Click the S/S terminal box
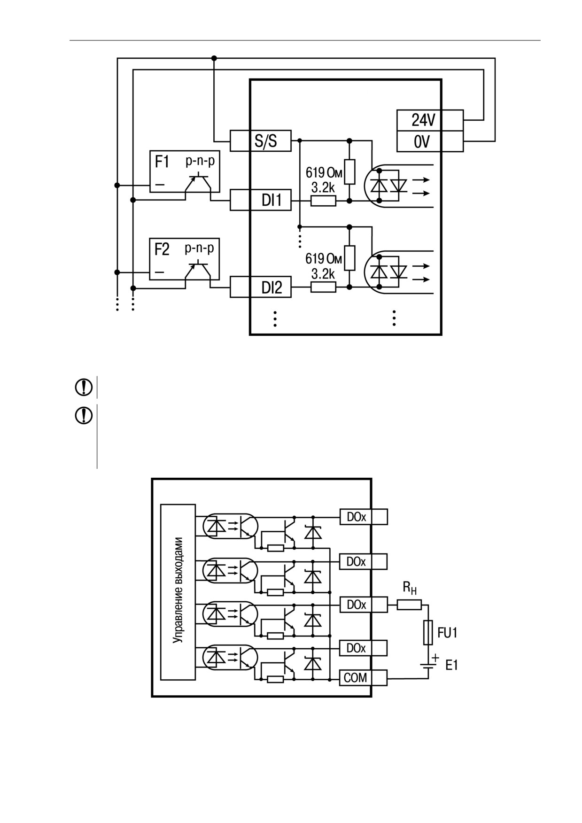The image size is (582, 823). click(x=260, y=140)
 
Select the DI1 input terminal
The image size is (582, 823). click(x=260, y=200)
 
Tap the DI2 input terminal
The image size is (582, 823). click(x=260, y=287)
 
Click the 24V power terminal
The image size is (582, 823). click(x=430, y=120)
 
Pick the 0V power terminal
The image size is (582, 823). click(x=430, y=141)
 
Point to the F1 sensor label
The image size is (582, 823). click(x=162, y=163)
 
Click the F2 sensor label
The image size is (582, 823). click(x=162, y=249)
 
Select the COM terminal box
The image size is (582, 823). click(x=363, y=678)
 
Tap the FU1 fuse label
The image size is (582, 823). click(x=447, y=633)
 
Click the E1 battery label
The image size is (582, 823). click(x=451, y=665)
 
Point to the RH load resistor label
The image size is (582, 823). click(x=410, y=588)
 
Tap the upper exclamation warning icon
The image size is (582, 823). click(x=84, y=387)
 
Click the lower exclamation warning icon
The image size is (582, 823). click(x=84, y=416)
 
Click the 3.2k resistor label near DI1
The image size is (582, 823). click(x=323, y=187)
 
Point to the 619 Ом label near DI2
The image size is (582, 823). click(x=324, y=259)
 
